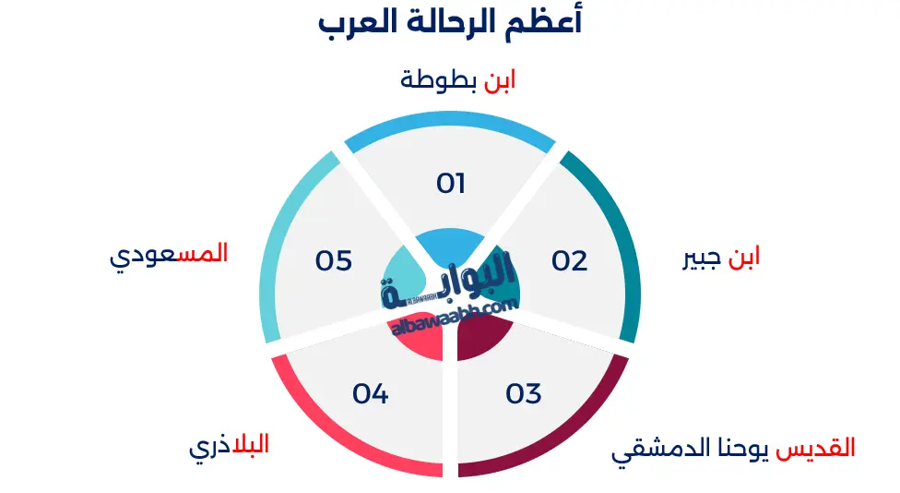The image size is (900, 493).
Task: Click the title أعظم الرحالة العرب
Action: click(450, 22)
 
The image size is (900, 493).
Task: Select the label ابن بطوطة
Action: click(457, 79)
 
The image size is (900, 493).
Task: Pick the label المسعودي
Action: click(168, 254)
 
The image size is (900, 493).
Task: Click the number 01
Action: click(450, 184)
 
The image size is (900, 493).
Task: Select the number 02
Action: click(569, 261)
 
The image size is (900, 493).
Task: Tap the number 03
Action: click(523, 394)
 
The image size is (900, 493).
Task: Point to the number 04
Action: click(370, 394)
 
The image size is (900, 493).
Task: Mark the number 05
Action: click(334, 261)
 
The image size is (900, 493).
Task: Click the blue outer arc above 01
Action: click(450, 128)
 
